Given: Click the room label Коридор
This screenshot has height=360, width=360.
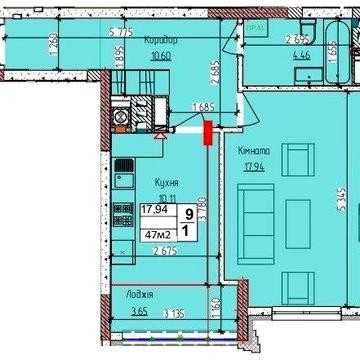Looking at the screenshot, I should click(160, 40).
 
